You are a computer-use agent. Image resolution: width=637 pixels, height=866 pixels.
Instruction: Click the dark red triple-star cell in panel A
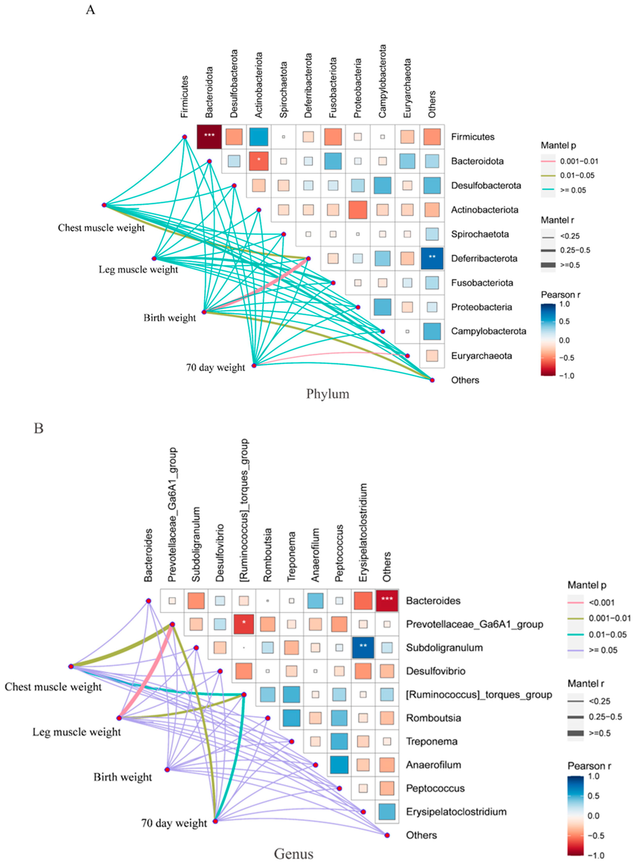click(209, 136)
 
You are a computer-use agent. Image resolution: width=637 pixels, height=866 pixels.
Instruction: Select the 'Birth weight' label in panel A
click(170, 318)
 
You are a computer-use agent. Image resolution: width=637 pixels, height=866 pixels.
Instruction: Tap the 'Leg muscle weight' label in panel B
click(76, 732)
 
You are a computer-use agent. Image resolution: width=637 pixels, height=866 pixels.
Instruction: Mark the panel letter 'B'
click(39, 428)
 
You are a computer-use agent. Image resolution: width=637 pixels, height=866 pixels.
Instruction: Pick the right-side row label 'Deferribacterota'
click(484, 258)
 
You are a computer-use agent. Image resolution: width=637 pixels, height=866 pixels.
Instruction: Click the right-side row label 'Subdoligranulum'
click(444, 647)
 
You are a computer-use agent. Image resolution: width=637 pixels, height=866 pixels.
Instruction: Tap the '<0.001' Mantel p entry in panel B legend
click(602, 602)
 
